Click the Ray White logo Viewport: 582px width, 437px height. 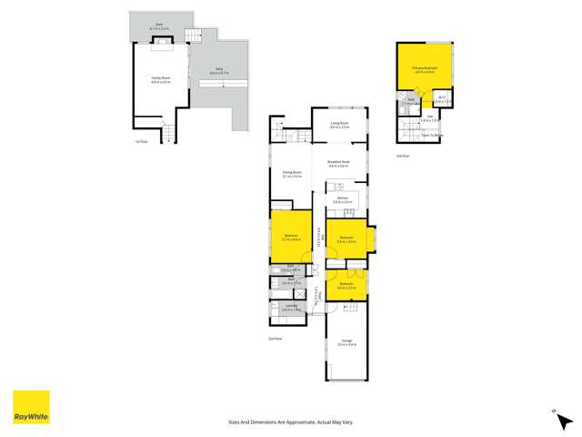[x=31, y=408]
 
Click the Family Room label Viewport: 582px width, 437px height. [x=162, y=79]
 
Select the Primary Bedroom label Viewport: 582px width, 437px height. [x=425, y=68]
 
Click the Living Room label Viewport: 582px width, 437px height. [x=339, y=125]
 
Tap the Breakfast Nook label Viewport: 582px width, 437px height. [x=339, y=164]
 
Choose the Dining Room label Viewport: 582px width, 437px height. [x=291, y=174]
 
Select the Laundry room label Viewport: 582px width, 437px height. [x=291, y=309]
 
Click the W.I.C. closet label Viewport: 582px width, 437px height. [x=440, y=100]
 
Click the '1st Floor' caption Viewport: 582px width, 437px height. [x=137, y=141]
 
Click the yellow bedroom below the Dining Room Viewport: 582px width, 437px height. [x=291, y=237]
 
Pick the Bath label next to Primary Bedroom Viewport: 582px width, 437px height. [x=411, y=102]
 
